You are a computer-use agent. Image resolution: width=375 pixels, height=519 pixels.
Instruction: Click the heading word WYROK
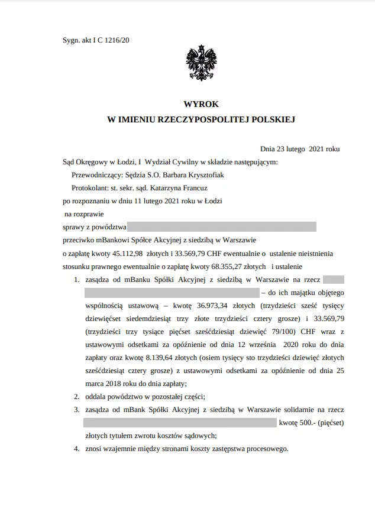[201, 104]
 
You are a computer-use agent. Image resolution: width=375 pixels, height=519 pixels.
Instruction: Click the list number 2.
[77, 397]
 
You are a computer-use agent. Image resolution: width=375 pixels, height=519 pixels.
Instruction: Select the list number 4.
[77, 449]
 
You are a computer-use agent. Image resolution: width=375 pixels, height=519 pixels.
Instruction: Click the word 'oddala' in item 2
[96, 397]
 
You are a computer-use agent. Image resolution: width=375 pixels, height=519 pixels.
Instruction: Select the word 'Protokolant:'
[90, 189]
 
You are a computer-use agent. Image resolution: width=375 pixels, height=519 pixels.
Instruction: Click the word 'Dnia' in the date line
[269, 149]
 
